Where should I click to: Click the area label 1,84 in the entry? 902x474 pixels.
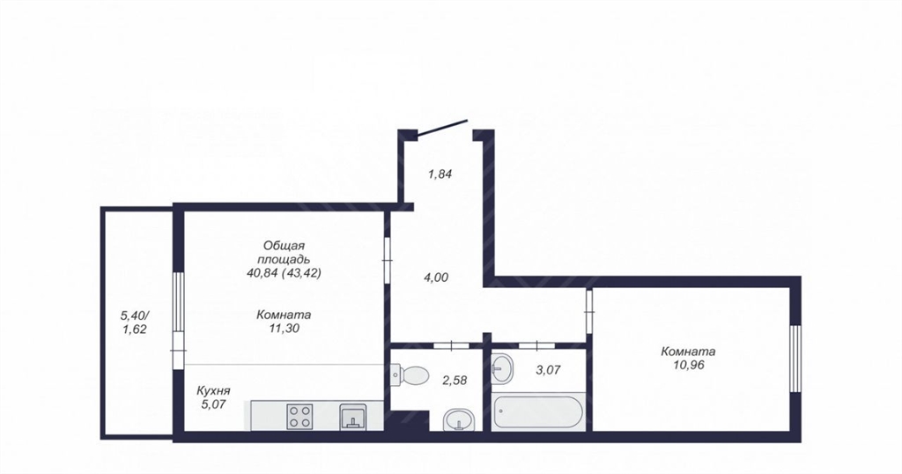440,174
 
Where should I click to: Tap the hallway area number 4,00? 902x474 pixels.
436,278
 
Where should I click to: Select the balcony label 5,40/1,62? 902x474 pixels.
134,322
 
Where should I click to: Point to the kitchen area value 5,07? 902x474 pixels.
213,404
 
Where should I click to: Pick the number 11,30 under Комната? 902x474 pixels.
285,329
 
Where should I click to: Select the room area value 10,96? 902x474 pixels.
689,365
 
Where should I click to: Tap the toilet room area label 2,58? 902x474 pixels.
455,381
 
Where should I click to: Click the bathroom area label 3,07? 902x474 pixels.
548,370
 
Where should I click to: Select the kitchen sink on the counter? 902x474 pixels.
351,417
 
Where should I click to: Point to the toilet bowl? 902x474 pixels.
410,376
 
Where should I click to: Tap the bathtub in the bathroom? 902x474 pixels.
538,411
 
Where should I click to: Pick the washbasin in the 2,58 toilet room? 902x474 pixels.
459,420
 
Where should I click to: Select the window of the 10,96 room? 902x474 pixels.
795,359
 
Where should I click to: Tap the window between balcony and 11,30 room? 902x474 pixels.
179,311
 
